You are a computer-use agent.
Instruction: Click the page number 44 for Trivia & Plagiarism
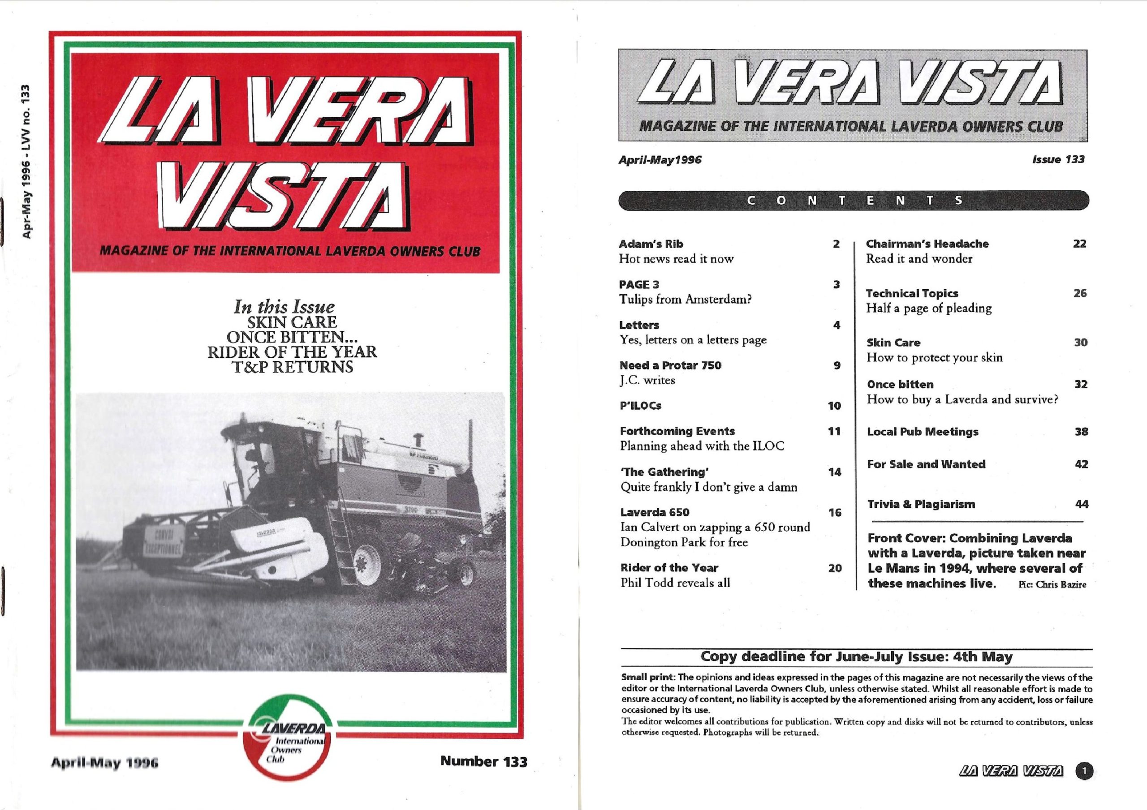pos(1081,504)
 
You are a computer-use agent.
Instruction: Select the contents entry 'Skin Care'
pos(893,343)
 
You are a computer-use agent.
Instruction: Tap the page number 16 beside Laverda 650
pos(835,512)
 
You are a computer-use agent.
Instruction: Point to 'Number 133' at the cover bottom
pos(483,762)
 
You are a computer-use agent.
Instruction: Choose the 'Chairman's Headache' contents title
pos(927,244)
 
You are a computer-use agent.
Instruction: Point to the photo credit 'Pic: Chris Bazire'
pos(1052,584)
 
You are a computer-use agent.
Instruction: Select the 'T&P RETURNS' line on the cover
pos(292,368)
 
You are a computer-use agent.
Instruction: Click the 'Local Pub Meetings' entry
pos(922,432)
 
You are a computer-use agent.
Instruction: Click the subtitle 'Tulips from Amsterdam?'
pos(686,299)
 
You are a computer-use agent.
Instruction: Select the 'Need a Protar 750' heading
pos(670,365)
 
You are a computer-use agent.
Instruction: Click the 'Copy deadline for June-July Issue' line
pos(856,656)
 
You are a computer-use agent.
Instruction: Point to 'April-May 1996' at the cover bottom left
pos(104,764)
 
